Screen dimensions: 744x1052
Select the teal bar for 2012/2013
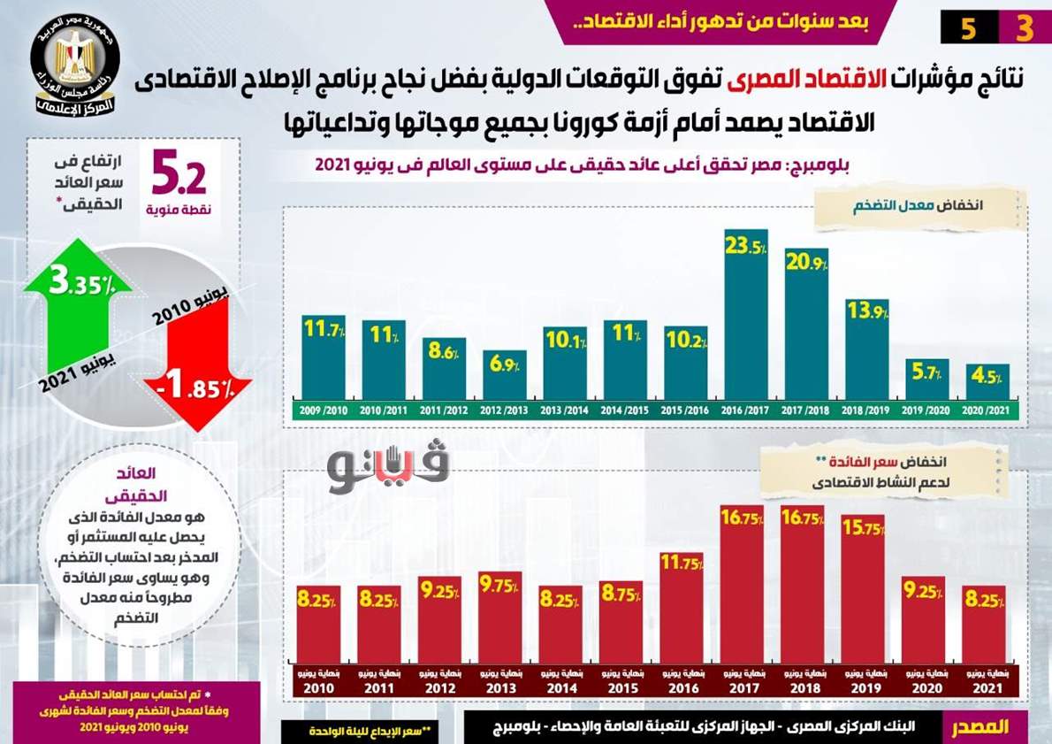tap(504, 376)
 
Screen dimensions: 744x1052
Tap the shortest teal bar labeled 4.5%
tap(987, 382)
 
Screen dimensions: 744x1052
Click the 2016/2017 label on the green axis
tap(745, 411)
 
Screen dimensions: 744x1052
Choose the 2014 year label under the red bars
tap(560, 688)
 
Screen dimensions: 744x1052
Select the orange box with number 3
tap(1023, 28)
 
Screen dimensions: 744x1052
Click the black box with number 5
tap(968, 28)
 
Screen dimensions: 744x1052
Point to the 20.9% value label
tap(805, 264)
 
